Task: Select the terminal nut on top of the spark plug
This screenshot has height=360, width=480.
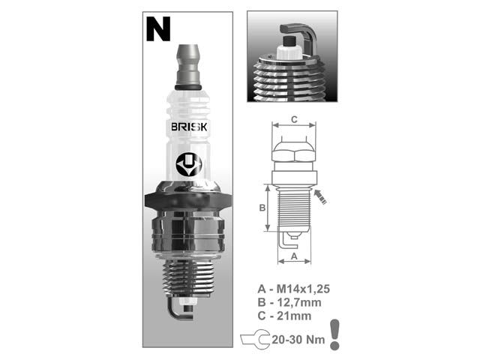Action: (x=190, y=64)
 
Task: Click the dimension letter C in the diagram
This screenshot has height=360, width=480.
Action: (x=294, y=118)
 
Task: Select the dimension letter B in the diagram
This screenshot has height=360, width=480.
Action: (x=262, y=208)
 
